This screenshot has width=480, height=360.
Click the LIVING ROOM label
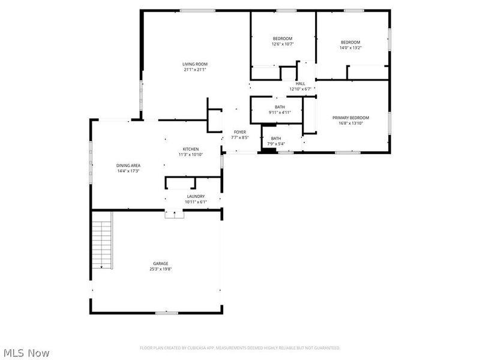tap(195, 64)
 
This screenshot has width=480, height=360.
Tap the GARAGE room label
tap(160, 263)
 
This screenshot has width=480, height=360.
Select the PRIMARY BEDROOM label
tap(350, 118)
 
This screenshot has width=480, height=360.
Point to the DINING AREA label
tap(128, 166)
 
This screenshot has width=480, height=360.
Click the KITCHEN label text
tap(191, 149)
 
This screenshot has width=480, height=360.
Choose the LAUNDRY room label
tap(196, 196)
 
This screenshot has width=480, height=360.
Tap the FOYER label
tap(240, 132)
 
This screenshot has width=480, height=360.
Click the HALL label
tap(300, 83)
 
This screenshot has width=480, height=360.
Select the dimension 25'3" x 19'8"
tap(160, 269)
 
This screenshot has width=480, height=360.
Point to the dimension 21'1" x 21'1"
tap(195, 70)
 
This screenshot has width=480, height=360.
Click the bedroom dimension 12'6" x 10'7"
tap(282, 44)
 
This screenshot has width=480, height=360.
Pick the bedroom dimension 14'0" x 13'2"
tap(350, 47)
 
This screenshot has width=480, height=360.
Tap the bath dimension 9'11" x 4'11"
tap(280, 112)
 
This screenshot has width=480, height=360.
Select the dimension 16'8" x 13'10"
tap(350, 123)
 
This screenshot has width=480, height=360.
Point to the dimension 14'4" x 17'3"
tap(128, 172)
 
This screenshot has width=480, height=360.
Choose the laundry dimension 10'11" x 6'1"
tap(196, 202)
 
